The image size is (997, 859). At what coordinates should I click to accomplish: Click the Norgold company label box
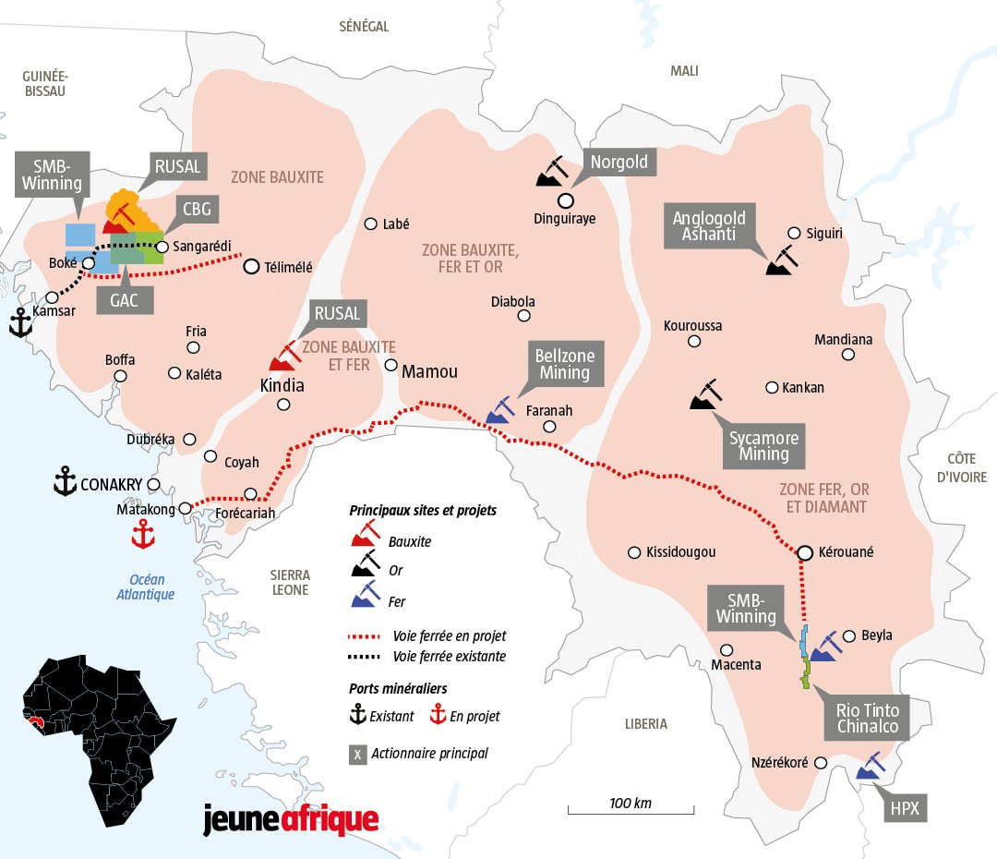[619, 163]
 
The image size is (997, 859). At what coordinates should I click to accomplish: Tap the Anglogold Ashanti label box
[709, 226]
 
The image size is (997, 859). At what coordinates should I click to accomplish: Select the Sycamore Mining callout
[763, 444]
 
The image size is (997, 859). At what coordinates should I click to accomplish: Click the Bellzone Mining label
[564, 364]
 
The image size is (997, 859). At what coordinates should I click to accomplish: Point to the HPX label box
[904, 809]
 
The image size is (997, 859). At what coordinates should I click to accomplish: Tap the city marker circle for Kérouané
[805, 552]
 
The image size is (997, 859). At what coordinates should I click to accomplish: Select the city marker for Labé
[371, 224]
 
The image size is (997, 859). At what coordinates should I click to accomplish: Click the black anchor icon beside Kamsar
[20, 322]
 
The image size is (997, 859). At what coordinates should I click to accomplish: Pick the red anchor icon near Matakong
[142, 533]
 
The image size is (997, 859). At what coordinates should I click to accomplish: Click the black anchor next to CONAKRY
[65, 481]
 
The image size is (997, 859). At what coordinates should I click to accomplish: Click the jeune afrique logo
[291, 818]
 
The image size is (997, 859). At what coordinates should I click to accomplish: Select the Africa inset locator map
[102, 731]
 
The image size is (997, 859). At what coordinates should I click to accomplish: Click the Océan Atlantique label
[145, 587]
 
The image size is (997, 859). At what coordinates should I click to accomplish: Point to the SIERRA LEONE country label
[290, 582]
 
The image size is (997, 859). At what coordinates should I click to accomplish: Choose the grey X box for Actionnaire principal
[356, 754]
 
